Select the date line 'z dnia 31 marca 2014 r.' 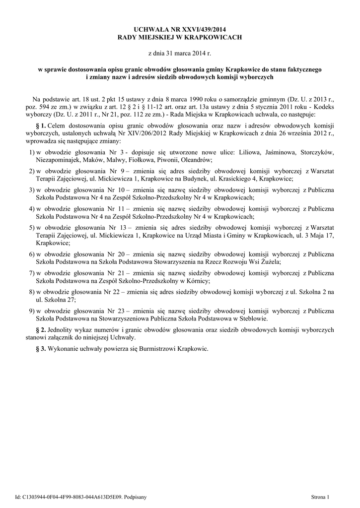point(180,52)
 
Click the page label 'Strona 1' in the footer point(320,497)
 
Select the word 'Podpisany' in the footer point(135,497)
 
